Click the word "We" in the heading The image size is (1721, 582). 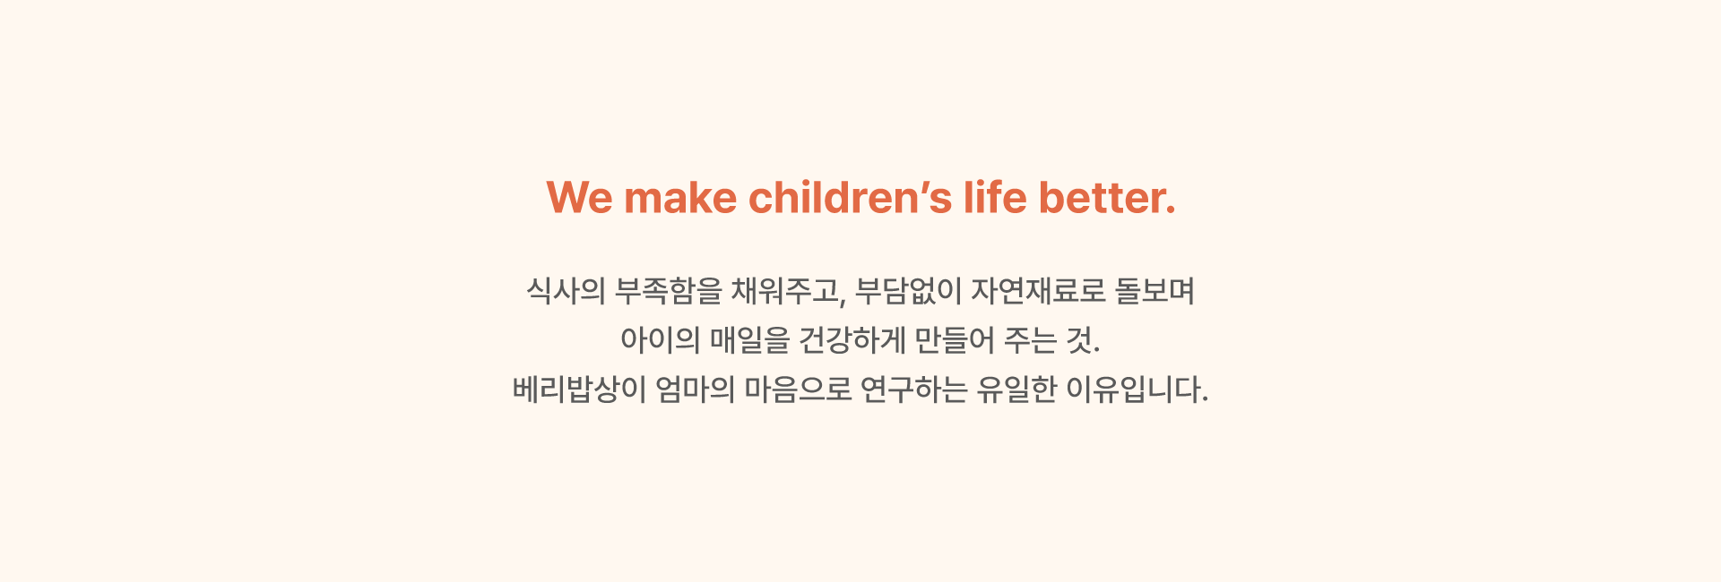pyautogui.click(x=579, y=198)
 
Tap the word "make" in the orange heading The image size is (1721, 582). pyautogui.click(x=680, y=198)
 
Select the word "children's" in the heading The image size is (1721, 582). pyautogui.click(x=851, y=198)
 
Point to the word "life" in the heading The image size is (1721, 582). pyautogui.click(x=995, y=198)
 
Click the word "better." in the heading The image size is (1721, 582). pyautogui.click(x=1107, y=198)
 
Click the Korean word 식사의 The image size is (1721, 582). pyautogui.click(x=566, y=291)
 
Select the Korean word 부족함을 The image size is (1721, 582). pyautogui.click(x=669, y=291)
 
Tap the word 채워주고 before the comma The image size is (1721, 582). pyautogui.click(x=785, y=291)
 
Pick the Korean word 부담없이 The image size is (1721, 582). pyautogui.click(x=908, y=291)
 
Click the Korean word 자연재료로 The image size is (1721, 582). pyautogui.click(x=1038, y=291)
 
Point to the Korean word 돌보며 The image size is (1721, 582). pyautogui.click(x=1155, y=291)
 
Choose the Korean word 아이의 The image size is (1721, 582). pyautogui.click(x=660, y=340)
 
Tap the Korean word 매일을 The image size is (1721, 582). pyautogui.click(x=749, y=340)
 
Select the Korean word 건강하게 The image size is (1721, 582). pyautogui.click(x=852, y=340)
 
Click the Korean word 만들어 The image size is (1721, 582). pyautogui.click(x=955, y=340)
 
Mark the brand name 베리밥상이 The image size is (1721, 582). pyautogui.click(x=579, y=389)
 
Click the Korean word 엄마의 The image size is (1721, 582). pyautogui.click(x=696, y=389)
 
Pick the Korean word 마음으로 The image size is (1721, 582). pyautogui.click(x=798, y=389)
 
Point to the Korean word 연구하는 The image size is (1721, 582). pyautogui.click(x=913, y=389)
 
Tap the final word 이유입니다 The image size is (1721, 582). pyautogui.click(x=1137, y=389)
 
